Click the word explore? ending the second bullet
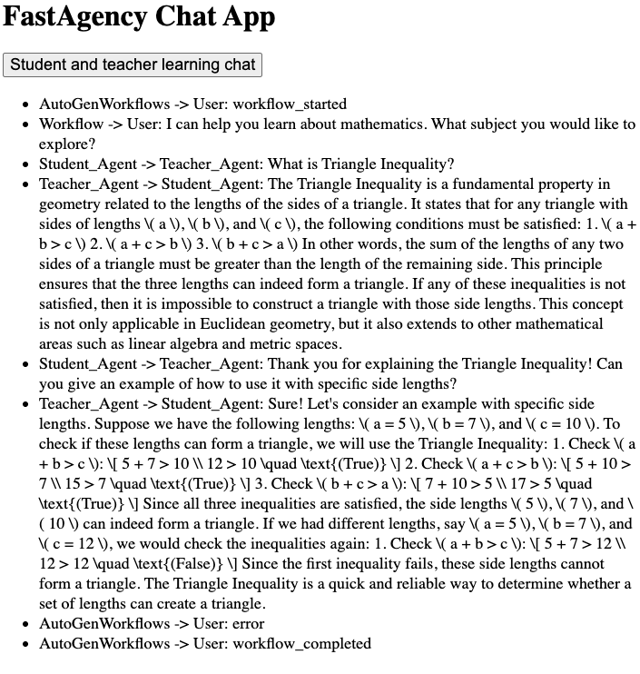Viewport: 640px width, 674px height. [66, 144]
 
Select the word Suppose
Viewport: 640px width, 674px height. [114, 424]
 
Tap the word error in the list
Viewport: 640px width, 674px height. [249, 624]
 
